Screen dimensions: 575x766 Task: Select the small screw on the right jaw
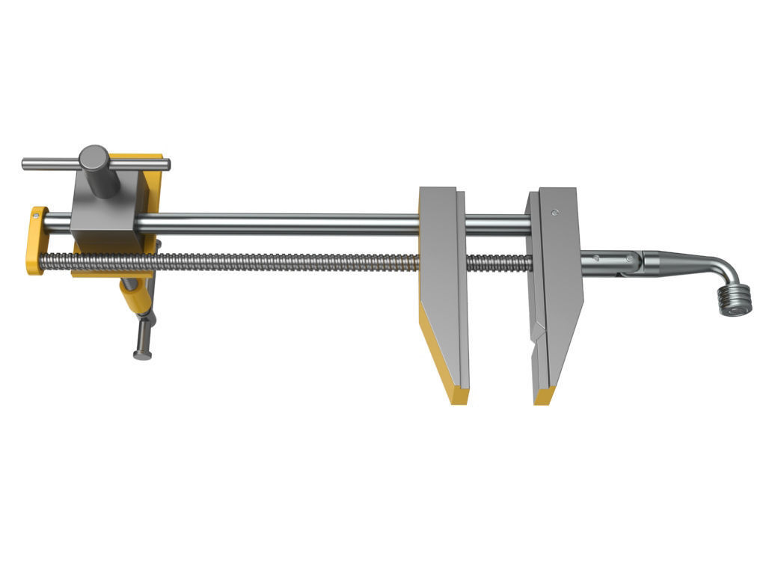pyautogui.click(x=554, y=213)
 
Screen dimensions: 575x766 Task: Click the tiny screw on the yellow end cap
pyautogui.click(x=35, y=217)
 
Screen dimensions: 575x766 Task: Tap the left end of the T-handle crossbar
pyautogui.click(x=27, y=163)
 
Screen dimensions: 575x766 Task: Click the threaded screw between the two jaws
pyautogui.click(x=497, y=263)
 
